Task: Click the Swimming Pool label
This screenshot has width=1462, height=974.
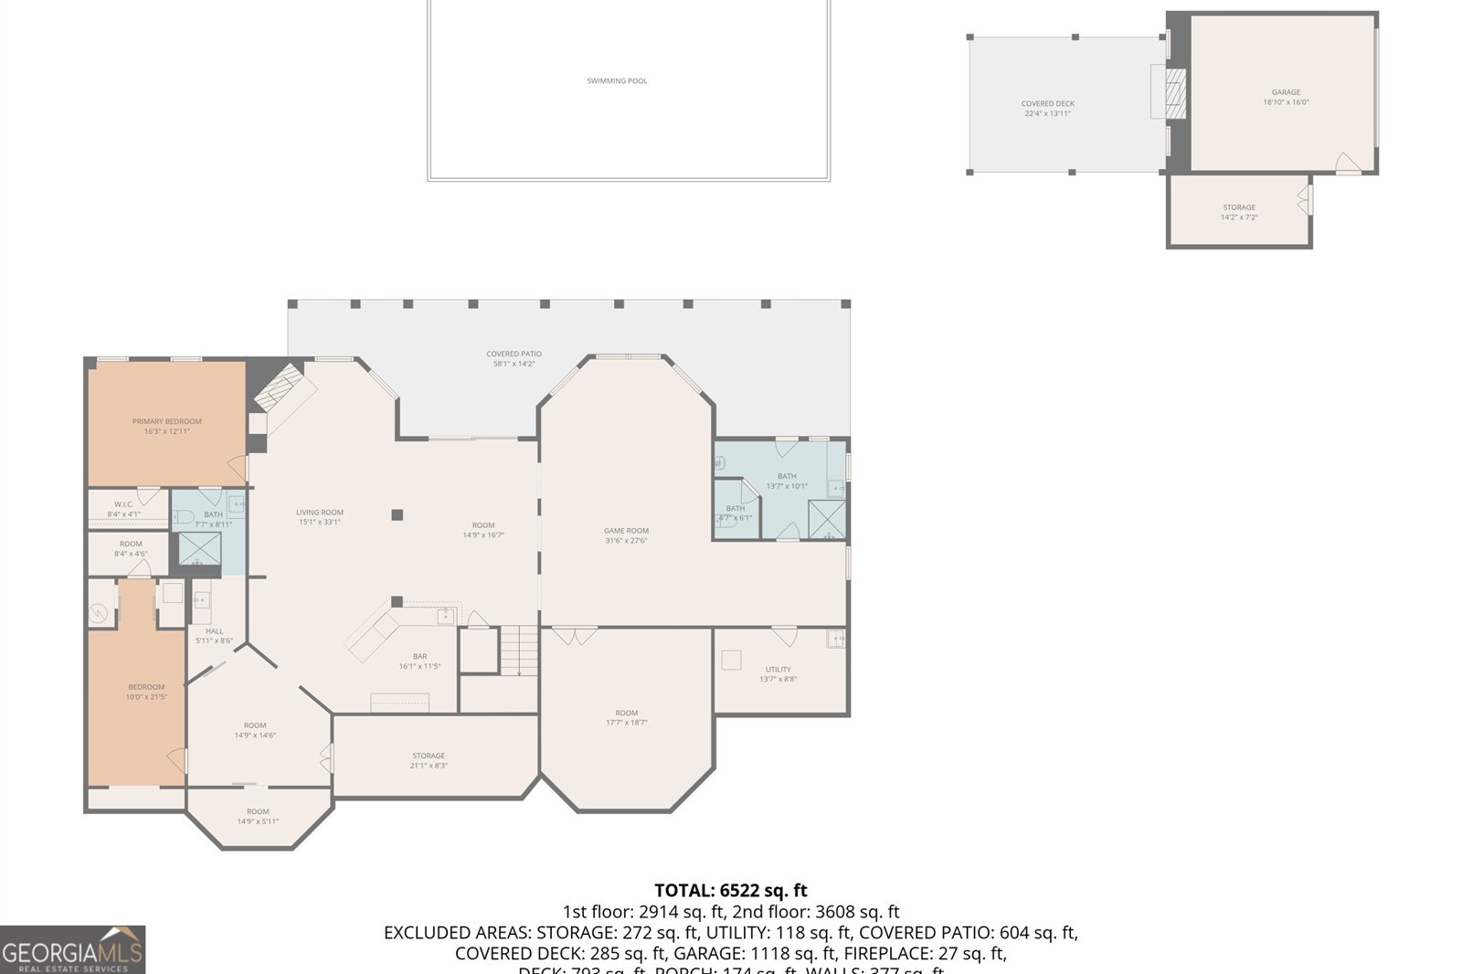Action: click(617, 81)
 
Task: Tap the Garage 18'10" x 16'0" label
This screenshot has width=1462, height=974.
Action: click(1286, 97)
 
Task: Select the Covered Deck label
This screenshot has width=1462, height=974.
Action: click(1047, 109)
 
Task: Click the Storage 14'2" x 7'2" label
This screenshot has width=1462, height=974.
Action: click(1239, 212)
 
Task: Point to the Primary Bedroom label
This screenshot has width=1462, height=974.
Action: click(166, 426)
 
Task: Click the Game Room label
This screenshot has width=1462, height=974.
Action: click(626, 535)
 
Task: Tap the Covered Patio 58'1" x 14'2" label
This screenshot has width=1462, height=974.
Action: click(514, 358)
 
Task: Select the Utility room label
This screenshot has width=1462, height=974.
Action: click(779, 674)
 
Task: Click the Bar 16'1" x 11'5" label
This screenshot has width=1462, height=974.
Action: click(419, 662)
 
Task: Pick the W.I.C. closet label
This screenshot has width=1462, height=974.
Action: click(123, 509)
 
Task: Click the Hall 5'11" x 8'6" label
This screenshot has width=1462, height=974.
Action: click(214, 636)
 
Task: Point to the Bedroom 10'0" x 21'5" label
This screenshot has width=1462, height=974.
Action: click(146, 692)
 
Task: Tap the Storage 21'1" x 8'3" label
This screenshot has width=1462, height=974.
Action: click(429, 760)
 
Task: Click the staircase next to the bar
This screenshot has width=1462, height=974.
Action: click(519, 651)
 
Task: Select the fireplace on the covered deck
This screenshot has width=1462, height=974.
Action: click(1174, 93)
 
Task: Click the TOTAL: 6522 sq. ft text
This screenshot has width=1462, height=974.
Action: click(730, 890)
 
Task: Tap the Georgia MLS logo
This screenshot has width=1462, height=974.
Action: click(72, 950)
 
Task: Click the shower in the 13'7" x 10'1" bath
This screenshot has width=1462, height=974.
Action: click(826, 520)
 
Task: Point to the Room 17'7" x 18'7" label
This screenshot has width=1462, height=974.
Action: click(626, 717)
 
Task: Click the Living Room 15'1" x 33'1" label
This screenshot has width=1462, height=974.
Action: click(320, 517)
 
